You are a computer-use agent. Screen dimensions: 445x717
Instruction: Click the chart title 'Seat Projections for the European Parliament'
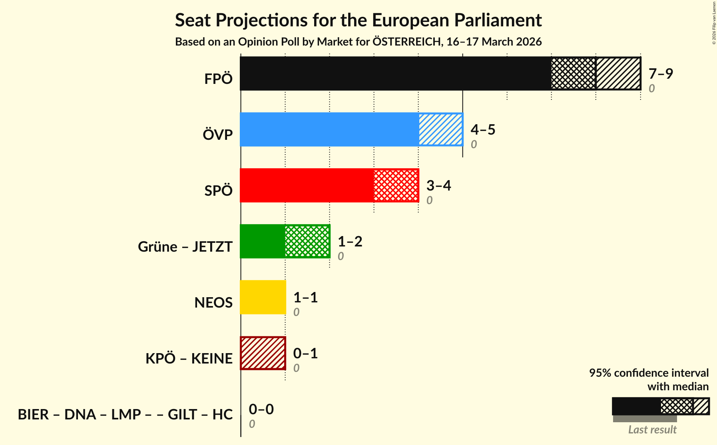(358, 20)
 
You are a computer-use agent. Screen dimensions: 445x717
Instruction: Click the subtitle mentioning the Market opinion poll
(358, 42)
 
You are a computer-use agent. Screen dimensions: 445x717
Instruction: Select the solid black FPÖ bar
(395, 74)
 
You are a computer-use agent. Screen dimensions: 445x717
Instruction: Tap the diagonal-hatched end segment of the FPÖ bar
(618, 74)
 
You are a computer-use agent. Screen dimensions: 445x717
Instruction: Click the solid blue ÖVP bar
(329, 129)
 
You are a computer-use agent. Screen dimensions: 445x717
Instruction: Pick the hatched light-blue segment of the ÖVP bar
(440, 129)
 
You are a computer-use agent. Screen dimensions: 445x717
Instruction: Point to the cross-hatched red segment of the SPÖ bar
(396, 185)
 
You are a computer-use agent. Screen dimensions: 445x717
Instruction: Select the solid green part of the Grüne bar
(263, 241)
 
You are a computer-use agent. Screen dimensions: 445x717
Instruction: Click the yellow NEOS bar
(263, 297)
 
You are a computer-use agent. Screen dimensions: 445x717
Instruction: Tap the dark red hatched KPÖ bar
(263, 353)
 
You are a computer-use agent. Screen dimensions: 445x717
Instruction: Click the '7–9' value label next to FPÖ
(661, 74)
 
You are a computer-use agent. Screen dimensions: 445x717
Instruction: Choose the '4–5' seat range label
(483, 129)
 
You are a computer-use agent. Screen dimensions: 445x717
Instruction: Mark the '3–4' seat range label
(438, 185)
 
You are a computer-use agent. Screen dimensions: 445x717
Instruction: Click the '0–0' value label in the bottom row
(261, 409)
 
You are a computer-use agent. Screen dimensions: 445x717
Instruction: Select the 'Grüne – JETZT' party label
(185, 246)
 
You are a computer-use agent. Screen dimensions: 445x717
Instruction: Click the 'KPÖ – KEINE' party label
(189, 358)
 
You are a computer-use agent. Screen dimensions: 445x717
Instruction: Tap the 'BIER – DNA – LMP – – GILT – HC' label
(125, 414)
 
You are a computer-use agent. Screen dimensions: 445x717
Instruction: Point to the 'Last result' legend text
(652, 429)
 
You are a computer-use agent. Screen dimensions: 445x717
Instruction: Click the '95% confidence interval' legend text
(649, 373)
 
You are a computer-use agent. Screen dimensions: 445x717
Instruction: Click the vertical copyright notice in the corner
(714, 23)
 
